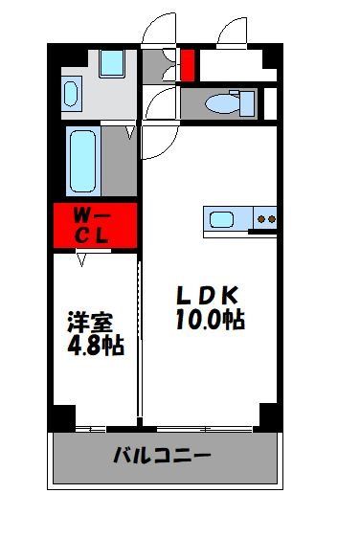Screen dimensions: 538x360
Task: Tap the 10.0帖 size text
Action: click(210, 319)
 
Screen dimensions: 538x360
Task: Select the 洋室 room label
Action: click(86, 322)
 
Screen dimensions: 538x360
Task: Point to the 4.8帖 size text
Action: click(94, 346)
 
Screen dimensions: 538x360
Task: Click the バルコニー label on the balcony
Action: click(163, 456)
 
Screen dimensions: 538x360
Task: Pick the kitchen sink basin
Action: click(222, 219)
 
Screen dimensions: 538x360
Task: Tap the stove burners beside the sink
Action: click(264, 219)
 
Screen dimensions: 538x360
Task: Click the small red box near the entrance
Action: click(188, 65)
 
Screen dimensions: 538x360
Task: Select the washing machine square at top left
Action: click(112, 63)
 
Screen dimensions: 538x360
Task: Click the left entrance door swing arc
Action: click(157, 31)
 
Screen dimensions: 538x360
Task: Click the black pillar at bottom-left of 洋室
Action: click(62, 416)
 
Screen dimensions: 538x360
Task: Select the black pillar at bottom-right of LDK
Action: click(268, 416)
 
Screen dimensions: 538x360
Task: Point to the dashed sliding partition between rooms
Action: click(140, 335)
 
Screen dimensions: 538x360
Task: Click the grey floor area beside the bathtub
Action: click(119, 163)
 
